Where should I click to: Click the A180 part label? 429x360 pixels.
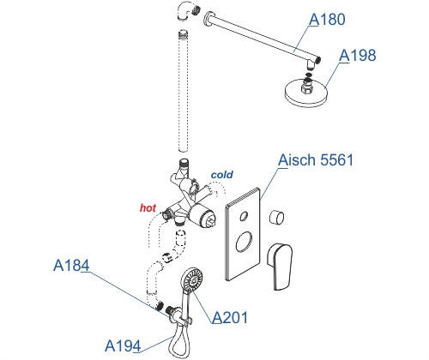tap(327, 20)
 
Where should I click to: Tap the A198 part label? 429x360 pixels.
tap(357, 56)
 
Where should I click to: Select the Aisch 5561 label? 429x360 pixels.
tap(316, 159)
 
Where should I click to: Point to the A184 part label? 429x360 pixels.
tap(71, 266)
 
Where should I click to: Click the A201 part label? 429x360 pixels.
tap(230, 317)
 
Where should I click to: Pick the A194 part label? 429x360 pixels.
tap(123, 346)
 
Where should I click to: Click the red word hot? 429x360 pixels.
tap(148, 207)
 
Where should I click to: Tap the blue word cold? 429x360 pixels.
tap(222, 175)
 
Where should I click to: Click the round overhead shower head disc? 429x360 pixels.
tap(305, 93)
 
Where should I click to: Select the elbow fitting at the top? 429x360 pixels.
tap(187, 11)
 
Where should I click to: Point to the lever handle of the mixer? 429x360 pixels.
tap(280, 267)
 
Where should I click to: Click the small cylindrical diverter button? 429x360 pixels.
tap(276, 217)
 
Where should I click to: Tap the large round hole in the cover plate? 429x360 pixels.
tap(244, 242)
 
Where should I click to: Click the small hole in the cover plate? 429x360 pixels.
tap(244, 216)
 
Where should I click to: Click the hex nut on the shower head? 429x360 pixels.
tap(307, 87)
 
